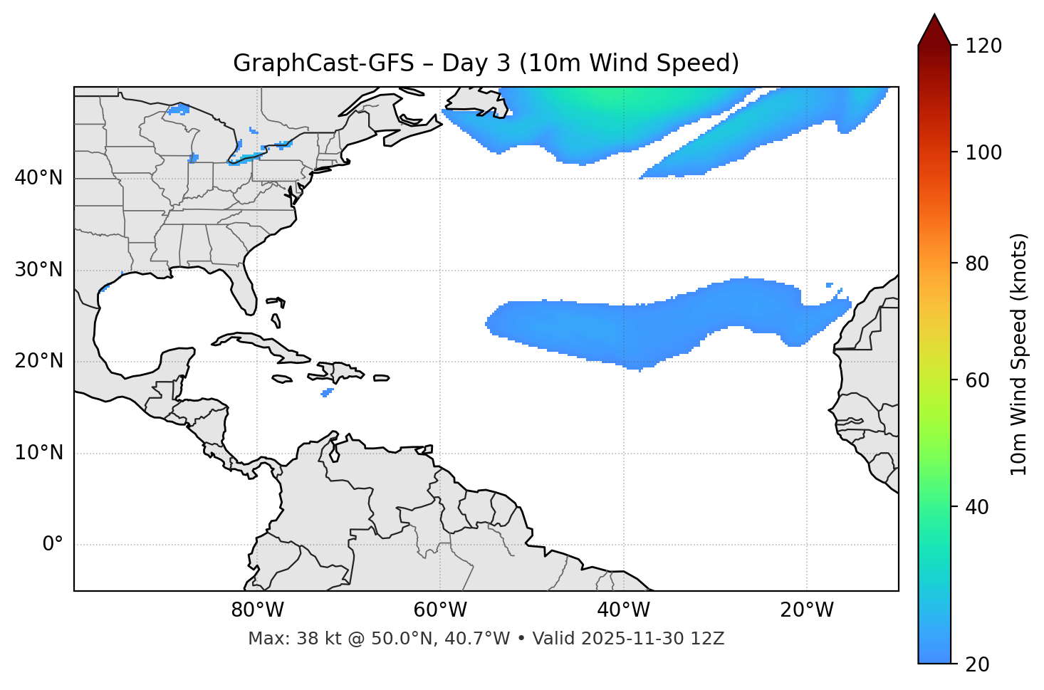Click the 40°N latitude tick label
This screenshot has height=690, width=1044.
click(x=38, y=178)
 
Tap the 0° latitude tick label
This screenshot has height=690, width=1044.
click(x=52, y=545)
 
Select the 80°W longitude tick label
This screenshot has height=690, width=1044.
click(x=257, y=610)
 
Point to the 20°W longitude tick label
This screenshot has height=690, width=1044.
click(x=807, y=610)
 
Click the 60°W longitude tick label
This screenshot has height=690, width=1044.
click(x=440, y=610)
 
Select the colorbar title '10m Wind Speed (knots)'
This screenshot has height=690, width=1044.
click(x=1019, y=354)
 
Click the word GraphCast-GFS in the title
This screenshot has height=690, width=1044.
click(x=323, y=63)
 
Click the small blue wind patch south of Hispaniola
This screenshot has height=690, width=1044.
click(x=327, y=392)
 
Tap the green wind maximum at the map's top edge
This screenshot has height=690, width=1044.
click(x=605, y=95)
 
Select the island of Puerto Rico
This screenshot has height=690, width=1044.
click(x=382, y=378)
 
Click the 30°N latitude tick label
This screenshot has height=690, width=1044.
click(x=38, y=270)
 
